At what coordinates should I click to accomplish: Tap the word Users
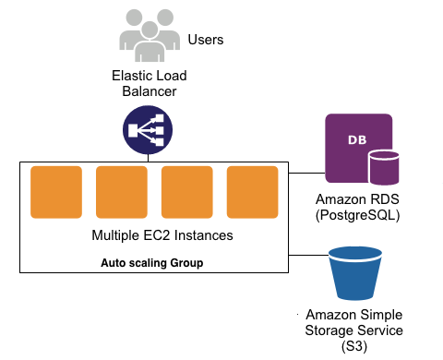[x=206, y=40]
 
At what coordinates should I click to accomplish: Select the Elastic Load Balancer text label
[x=149, y=84]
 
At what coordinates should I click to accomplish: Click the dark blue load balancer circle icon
[x=149, y=132]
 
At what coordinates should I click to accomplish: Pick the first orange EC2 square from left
[x=56, y=192]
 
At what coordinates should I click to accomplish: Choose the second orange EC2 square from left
[x=122, y=192]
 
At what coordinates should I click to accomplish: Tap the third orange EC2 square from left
[x=187, y=192]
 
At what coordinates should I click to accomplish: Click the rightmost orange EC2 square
[x=253, y=192]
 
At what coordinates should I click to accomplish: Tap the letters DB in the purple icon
[x=355, y=140]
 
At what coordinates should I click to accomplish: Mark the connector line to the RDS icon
[x=307, y=173]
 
